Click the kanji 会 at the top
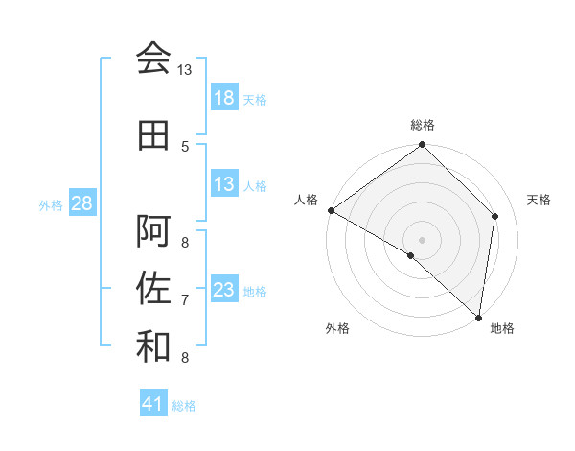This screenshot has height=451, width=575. click(x=153, y=59)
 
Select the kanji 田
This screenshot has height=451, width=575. click(x=153, y=135)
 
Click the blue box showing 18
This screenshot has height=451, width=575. click(x=224, y=98)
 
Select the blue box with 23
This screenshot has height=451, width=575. click(x=224, y=290)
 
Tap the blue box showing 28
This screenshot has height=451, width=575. click(x=80, y=203)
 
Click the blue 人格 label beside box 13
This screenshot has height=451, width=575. click(x=255, y=185)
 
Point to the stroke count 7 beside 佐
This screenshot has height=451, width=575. click(x=185, y=300)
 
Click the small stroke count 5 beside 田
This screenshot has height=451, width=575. click(x=185, y=146)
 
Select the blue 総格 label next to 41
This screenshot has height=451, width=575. click(x=184, y=405)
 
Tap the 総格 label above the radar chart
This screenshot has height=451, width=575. click(x=423, y=125)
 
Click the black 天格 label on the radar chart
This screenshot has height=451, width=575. click(x=540, y=200)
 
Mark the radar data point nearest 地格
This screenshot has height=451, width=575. click(x=479, y=318)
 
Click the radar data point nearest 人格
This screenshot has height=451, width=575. click(x=331, y=210)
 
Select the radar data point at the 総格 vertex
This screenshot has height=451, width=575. click(x=423, y=146)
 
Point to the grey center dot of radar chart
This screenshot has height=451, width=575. click(x=423, y=239)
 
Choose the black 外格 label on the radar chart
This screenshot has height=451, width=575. click(x=337, y=328)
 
